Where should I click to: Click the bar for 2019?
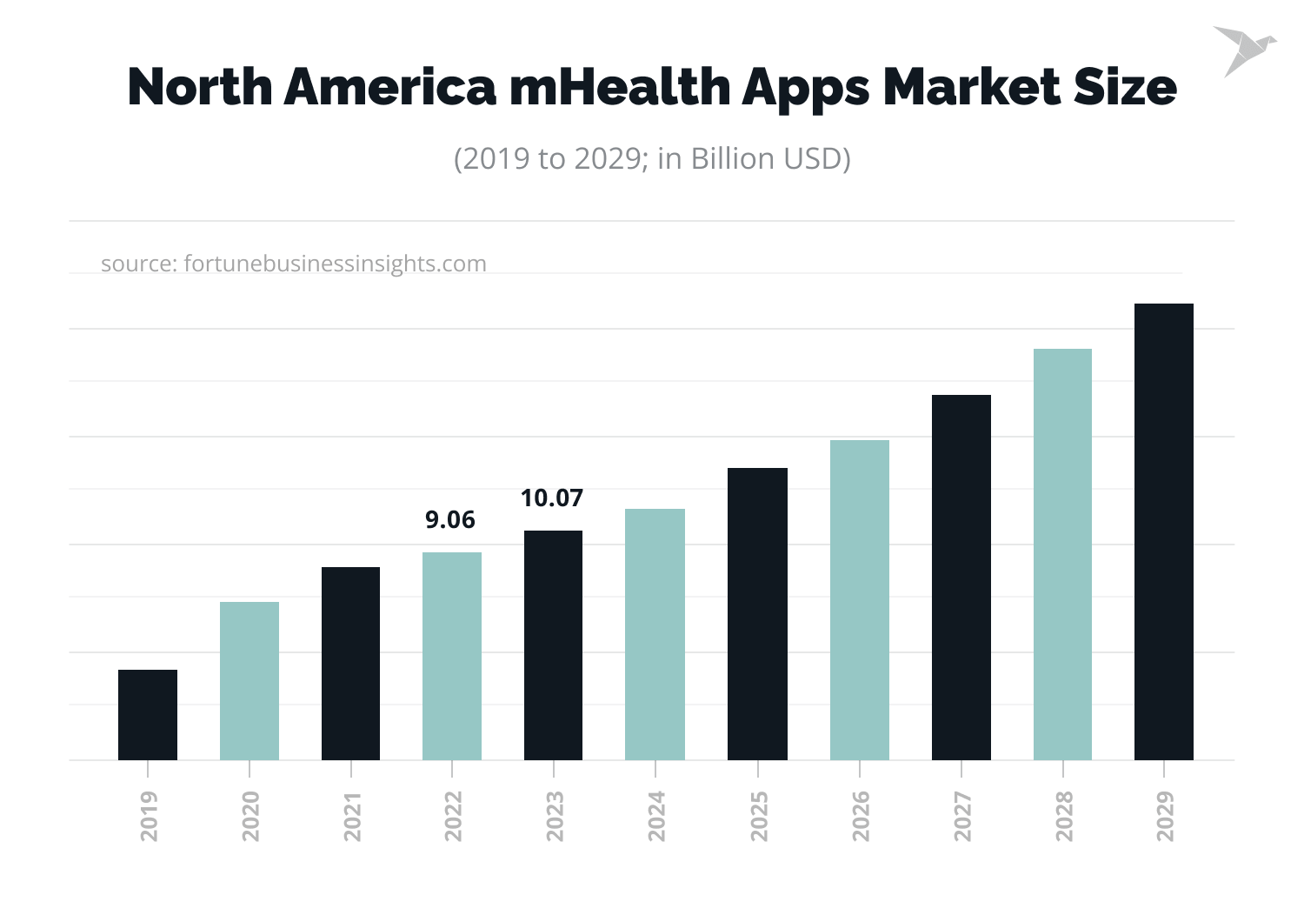pyautogui.click(x=148, y=714)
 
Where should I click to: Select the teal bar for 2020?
pyautogui.click(x=249, y=680)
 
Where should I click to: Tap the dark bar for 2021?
pyautogui.click(x=350, y=663)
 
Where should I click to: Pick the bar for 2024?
pyautogui.click(x=655, y=634)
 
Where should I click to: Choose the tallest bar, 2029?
pyautogui.click(x=1164, y=531)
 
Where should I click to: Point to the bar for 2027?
pyautogui.click(x=961, y=577)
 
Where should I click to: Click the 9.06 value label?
pyautogui.click(x=450, y=520)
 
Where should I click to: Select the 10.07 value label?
pyautogui.click(x=552, y=498)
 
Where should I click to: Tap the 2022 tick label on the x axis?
pyautogui.click(x=453, y=816)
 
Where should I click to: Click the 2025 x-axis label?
pyautogui.click(x=759, y=816)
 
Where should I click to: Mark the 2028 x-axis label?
pyautogui.click(x=1064, y=816)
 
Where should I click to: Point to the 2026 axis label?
pyautogui.click(x=861, y=816)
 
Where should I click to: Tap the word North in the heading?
pyautogui.click(x=200, y=87)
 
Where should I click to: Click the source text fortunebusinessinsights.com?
pyautogui.click(x=336, y=264)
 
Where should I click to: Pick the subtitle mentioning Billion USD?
pyautogui.click(x=652, y=159)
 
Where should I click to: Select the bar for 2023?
pyautogui.click(x=554, y=645)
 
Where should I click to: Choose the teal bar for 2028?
pyautogui.click(x=1062, y=554)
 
